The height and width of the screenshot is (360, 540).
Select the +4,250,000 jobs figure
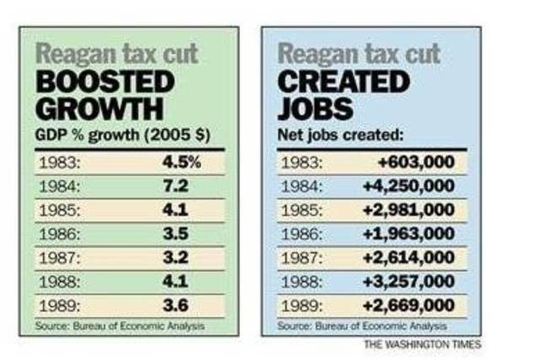pos(409,185)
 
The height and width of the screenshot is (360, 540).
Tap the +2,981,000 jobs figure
pos(409,208)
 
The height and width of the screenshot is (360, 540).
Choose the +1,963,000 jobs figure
pos(409,232)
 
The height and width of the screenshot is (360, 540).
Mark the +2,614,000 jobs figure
pos(409,255)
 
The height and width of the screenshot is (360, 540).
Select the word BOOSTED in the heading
pos(104,83)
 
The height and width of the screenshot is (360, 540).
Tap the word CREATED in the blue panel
pos(343,83)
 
